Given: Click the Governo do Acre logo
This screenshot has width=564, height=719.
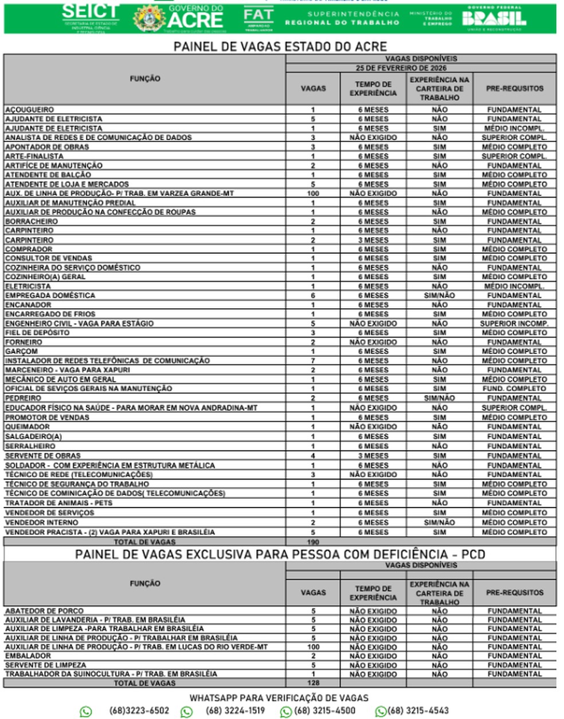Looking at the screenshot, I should (x=178, y=18).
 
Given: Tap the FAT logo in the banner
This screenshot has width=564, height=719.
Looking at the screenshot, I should (x=258, y=18).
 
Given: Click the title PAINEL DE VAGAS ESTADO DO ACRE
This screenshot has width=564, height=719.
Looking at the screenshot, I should (x=280, y=46).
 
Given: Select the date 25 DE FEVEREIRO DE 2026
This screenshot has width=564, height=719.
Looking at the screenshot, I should (x=420, y=68).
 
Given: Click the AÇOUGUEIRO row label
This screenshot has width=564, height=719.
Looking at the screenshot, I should (x=30, y=109).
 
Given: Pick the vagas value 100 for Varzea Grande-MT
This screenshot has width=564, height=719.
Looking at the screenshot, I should (x=313, y=194).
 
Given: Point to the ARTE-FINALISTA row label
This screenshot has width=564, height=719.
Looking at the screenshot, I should (x=34, y=156).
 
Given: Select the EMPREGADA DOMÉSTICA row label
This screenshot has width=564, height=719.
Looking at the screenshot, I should (x=50, y=296).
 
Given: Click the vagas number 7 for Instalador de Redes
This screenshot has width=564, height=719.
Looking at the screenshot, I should (x=313, y=361).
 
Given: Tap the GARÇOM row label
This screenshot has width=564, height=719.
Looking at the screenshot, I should (x=22, y=351).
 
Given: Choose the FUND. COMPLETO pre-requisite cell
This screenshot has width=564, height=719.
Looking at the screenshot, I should (x=514, y=388).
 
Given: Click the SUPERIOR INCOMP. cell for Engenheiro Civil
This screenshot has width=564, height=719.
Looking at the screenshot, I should (x=514, y=324).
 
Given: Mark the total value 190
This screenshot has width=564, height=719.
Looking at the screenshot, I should (x=313, y=541).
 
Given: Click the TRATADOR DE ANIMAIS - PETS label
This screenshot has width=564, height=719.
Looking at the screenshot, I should (x=59, y=503).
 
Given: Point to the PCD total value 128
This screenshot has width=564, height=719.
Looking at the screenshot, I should (x=313, y=683).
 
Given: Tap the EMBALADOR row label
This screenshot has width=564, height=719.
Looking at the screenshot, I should (x=28, y=656).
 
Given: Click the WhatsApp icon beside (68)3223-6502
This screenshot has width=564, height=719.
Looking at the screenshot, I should (x=86, y=712).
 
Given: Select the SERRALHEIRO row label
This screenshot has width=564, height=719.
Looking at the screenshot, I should (x=30, y=446).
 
